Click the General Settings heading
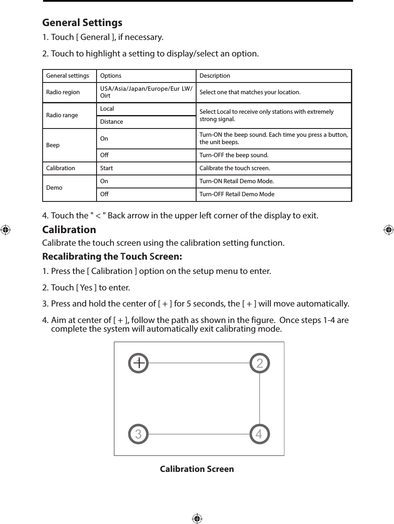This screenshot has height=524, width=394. click(82, 22)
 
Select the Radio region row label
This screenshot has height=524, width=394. click(63, 92)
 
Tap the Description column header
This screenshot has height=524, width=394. click(215, 76)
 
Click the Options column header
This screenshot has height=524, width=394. click(111, 76)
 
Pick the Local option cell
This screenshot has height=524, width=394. click(107, 109)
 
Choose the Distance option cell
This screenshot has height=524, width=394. click(112, 122)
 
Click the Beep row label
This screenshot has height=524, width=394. click(53, 145)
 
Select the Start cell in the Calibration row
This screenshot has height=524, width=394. click(107, 168)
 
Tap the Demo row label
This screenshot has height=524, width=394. click(54, 188)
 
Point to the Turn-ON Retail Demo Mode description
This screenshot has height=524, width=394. click(237, 181)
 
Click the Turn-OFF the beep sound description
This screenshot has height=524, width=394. click(234, 155)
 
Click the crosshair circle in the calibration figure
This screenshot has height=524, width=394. click(139, 363)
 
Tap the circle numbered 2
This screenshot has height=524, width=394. click(260, 363)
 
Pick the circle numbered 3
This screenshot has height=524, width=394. click(139, 434)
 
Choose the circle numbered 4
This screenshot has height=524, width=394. click(260, 434)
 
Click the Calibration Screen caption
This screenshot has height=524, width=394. click(197, 469)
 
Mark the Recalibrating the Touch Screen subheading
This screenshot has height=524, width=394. click(112, 257)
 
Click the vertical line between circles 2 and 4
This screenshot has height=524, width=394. click(260, 398)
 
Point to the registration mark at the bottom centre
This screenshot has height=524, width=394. click(197, 518)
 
